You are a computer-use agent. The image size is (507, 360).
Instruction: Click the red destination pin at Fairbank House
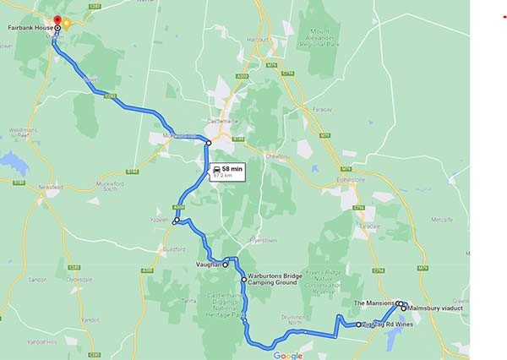tap(57, 21)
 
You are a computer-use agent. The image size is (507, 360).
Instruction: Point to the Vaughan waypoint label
tap(208, 265)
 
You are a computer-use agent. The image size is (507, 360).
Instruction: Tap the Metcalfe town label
tap(441, 219)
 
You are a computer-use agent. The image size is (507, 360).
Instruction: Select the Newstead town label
tap(51, 188)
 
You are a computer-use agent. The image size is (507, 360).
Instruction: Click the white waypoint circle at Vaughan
tap(226, 265)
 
